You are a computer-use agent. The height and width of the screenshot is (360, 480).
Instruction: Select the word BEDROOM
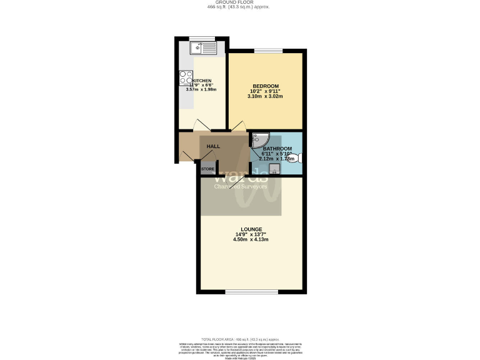tap(265, 86)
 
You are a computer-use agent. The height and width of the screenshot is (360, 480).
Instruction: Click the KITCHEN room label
tap(202, 81)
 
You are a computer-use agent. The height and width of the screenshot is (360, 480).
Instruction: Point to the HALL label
tap(214, 146)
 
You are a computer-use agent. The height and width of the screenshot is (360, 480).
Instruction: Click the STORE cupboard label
tap(207, 169)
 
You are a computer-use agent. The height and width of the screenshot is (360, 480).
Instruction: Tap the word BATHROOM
tap(276, 149)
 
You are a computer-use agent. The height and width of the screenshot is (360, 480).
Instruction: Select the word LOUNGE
tap(251, 229)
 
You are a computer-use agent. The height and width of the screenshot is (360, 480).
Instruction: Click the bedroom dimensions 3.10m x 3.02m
tap(265, 97)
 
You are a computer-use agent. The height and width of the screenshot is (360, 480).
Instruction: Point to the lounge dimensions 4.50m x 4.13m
tap(251, 239)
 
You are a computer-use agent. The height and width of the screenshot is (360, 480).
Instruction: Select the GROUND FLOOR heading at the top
tap(240, 2)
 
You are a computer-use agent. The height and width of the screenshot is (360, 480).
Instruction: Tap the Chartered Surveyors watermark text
tap(241, 186)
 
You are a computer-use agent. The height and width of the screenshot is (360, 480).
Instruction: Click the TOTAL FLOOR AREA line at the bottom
tap(240, 338)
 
